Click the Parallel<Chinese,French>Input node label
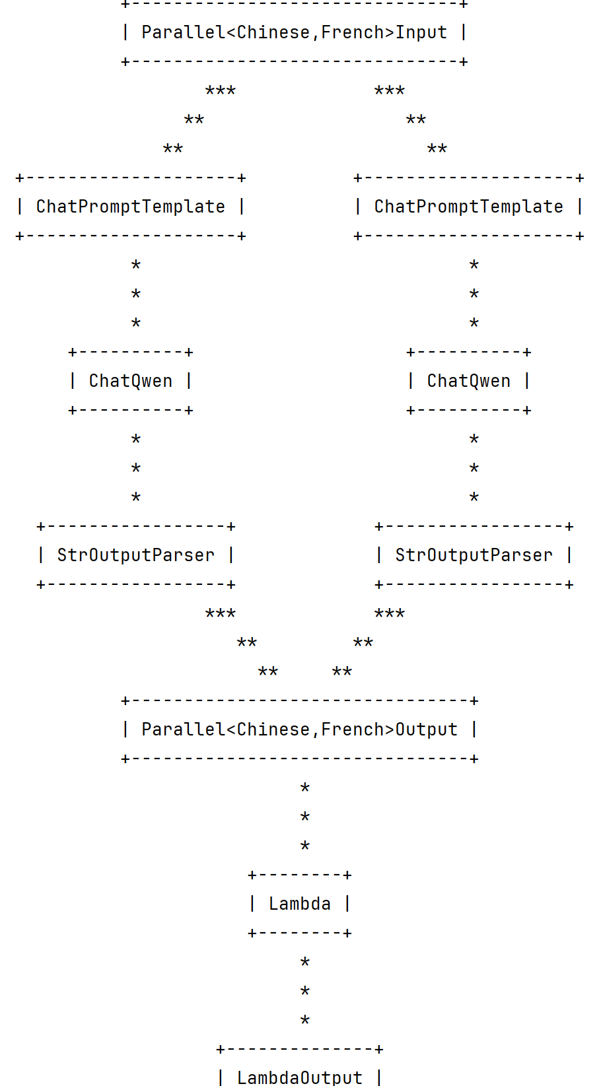coord(294,32)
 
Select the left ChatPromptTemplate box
coord(130,207)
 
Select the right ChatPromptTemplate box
coord(468,207)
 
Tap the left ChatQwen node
coord(130,381)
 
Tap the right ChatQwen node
coord(468,381)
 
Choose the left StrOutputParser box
coord(135,555)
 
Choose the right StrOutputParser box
coord(474,555)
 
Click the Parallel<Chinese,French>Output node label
coord(299,730)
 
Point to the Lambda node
coord(299,904)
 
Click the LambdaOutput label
coord(299,1077)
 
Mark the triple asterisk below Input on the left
coord(220,90)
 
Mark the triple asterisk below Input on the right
coord(389,90)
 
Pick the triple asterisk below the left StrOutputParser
coord(220,613)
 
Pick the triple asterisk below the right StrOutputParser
coord(389,613)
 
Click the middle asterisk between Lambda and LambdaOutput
coord(304,991)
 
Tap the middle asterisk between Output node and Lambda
coord(304,817)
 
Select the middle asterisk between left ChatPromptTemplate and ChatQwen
coord(135,294)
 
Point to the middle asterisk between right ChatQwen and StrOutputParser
coord(474,468)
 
